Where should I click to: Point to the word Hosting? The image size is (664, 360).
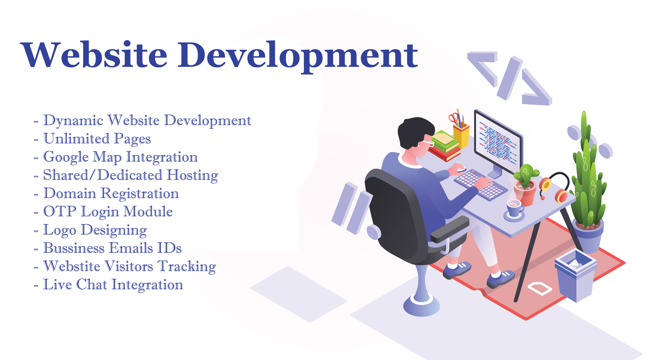pyautogui.click(x=193, y=175)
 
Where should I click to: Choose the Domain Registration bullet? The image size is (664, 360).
pyautogui.click(x=106, y=194)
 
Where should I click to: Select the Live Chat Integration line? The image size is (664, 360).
pyautogui.click(x=108, y=285)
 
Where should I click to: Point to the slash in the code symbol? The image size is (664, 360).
pyautogui.click(x=510, y=78)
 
